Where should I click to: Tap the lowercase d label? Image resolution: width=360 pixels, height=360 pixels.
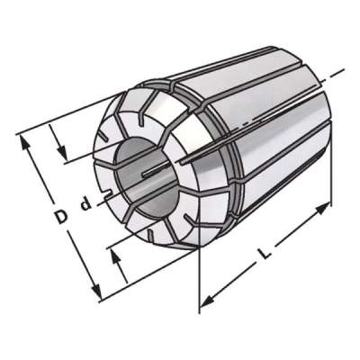(x=86, y=203)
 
